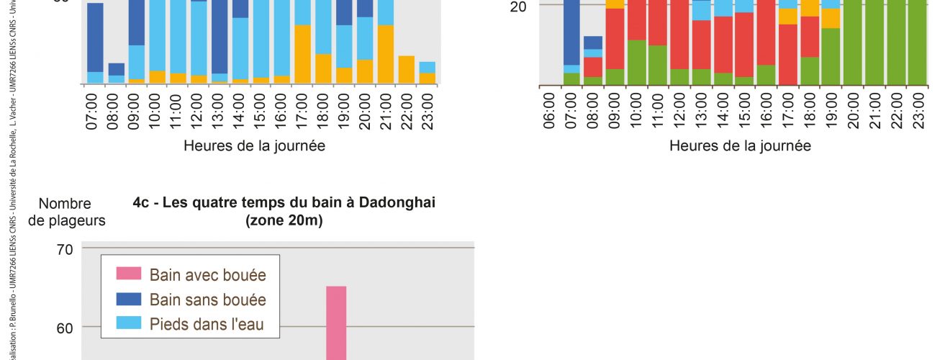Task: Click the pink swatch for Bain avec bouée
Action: point(129,274)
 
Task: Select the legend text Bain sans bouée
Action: point(207,300)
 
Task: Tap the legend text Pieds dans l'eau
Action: point(207,325)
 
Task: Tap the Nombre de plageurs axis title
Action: point(66,212)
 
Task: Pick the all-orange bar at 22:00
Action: point(407,70)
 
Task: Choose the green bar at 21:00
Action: point(875,43)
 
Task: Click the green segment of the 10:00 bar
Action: point(636,63)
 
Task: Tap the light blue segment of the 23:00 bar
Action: point(427,67)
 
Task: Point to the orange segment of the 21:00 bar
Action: point(386,55)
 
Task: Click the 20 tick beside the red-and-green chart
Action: point(518,6)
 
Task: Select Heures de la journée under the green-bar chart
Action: point(740,145)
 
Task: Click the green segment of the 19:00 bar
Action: point(831,56)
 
